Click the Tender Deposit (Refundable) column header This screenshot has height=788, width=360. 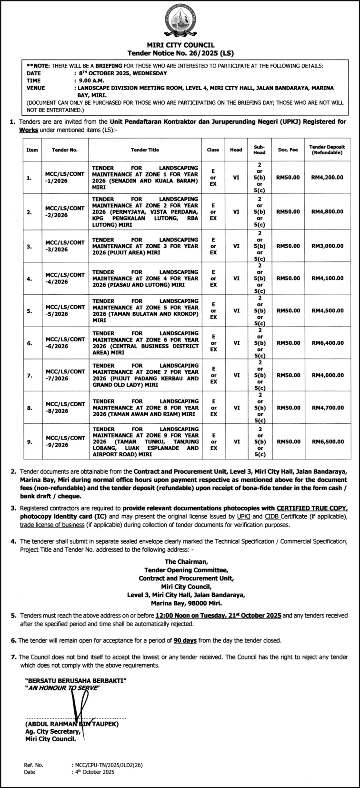tap(327, 150)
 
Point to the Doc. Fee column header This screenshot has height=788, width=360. tap(288, 150)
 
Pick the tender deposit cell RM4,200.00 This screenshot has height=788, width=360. tap(327, 177)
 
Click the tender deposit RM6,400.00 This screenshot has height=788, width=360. tap(327, 343)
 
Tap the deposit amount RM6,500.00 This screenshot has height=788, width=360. tap(327, 441)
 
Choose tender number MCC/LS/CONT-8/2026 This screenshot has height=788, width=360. tap(65, 408)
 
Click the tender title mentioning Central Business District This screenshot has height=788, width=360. tap(145, 343)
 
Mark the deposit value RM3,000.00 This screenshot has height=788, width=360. tap(327, 246)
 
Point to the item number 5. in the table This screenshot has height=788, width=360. tap(30, 310)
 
